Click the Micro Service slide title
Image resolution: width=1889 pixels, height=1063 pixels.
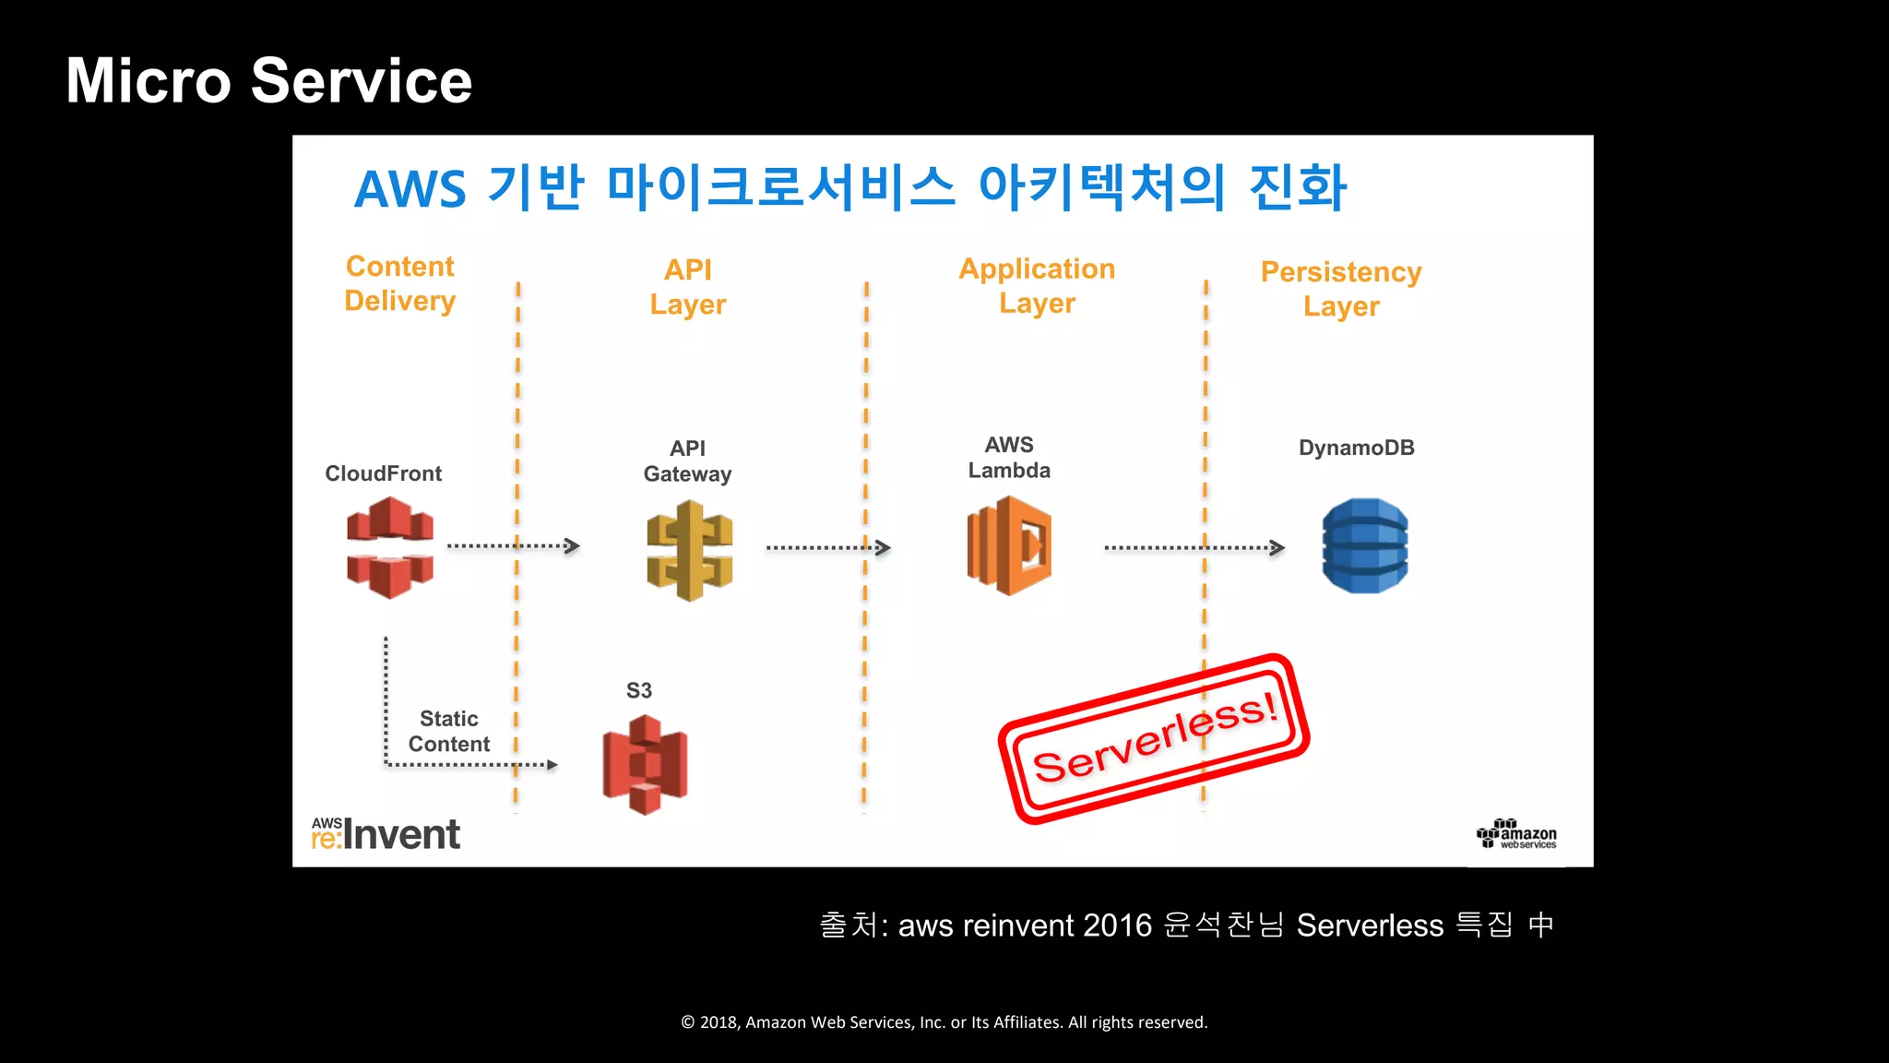coord(268,81)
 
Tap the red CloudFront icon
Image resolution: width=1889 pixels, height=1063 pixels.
coord(390,547)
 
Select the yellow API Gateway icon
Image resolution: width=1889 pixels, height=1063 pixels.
coord(690,551)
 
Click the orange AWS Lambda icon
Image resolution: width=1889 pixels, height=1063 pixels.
coord(1010,546)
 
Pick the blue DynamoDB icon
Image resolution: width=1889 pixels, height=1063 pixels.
coord(1365,546)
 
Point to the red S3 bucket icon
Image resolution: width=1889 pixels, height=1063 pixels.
coord(645,765)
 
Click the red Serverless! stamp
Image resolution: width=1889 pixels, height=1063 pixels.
coord(1155,739)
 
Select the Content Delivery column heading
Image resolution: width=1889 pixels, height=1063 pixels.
coord(399,284)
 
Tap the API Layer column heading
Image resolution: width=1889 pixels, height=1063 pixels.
coord(688,287)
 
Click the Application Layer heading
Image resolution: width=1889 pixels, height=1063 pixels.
coord(1037,286)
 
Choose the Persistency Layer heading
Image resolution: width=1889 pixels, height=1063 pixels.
coord(1341,289)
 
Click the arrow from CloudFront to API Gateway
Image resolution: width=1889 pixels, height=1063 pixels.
coord(513,546)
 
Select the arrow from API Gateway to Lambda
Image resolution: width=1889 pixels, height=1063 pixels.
coord(827,548)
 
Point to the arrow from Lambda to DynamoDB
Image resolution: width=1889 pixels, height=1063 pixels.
coord(1194,548)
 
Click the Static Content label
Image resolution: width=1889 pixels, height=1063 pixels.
coord(449,732)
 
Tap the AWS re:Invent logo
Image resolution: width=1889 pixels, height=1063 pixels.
coord(386,834)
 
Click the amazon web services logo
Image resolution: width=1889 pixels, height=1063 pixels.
coord(1516,834)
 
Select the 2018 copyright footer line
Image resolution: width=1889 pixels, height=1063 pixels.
coord(944,1022)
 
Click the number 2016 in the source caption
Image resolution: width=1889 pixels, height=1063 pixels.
coord(1118,926)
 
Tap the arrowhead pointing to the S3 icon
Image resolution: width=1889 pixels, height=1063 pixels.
coord(552,765)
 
